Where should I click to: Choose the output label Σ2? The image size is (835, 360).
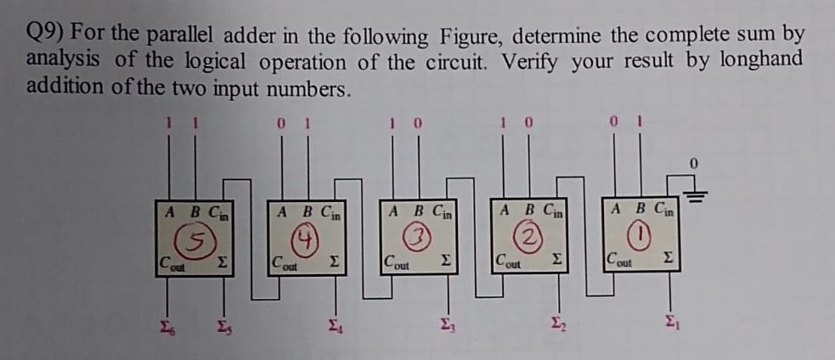pos(557,320)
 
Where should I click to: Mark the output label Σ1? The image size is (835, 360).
pos(671,320)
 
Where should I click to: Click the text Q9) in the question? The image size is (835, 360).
pos(46,33)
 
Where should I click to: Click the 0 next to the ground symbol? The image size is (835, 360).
pos(694,161)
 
